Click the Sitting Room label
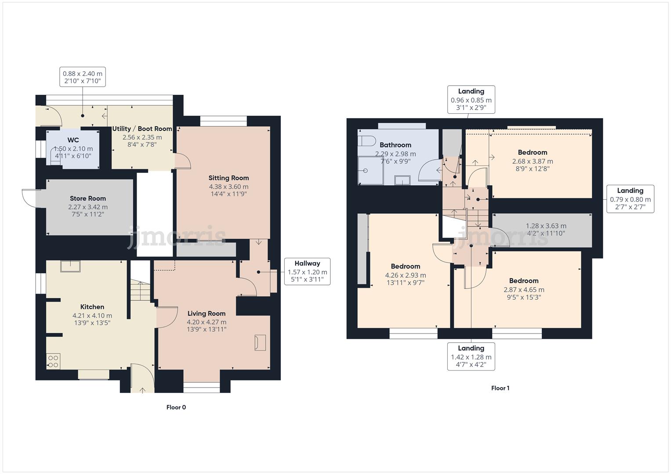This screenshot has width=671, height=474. click(x=229, y=178)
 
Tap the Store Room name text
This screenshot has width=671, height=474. click(x=88, y=198)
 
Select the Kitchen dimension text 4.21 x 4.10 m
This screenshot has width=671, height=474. click(x=92, y=316)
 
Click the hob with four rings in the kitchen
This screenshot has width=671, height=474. click(x=53, y=361)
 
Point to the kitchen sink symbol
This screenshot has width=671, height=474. click(x=70, y=266)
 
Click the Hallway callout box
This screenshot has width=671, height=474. click(x=307, y=271)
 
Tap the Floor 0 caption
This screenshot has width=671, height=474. click(x=176, y=407)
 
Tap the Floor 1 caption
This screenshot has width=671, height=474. click(x=500, y=388)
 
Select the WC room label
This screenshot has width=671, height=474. click(x=73, y=140)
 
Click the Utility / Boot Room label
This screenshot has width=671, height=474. click(x=142, y=129)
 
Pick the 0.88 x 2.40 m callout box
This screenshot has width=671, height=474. click(x=83, y=77)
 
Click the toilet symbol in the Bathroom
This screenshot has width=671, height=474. click(x=366, y=141)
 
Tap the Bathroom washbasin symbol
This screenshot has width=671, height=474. click(x=402, y=180)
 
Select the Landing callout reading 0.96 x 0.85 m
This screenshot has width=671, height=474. click(x=471, y=100)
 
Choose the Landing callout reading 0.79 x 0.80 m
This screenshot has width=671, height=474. click(x=630, y=199)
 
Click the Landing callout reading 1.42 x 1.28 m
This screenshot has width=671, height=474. click(x=471, y=356)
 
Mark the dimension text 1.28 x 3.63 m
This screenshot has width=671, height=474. click(x=546, y=226)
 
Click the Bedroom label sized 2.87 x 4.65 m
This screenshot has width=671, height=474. click(x=524, y=281)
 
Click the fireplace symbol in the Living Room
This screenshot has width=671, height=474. click(x=260, y=343)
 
